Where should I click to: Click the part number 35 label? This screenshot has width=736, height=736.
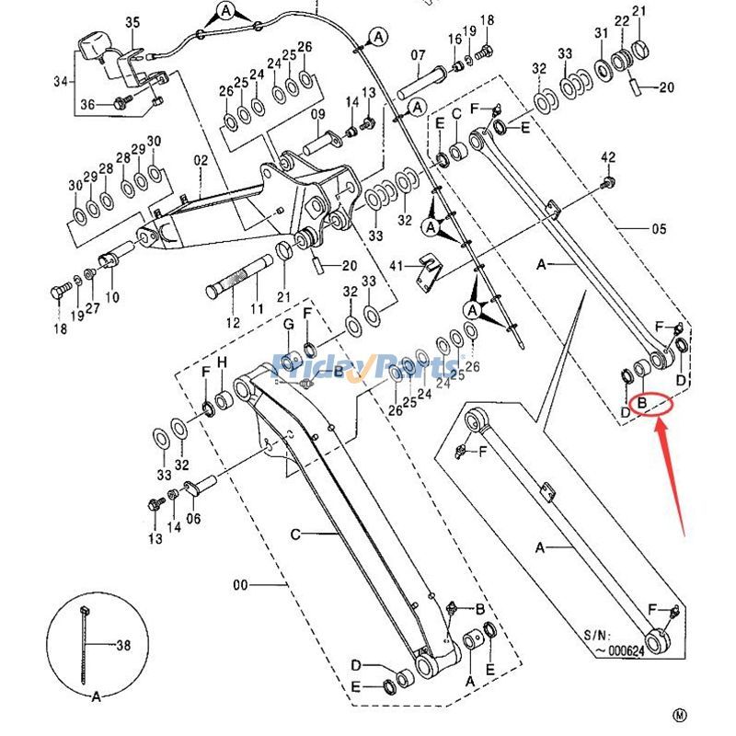[132, 22]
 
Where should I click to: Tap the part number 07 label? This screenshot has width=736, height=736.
[418, 54]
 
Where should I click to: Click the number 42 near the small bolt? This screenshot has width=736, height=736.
[607, 159]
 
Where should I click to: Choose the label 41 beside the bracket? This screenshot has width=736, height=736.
[396, 266]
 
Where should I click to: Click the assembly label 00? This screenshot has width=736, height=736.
[240, 584]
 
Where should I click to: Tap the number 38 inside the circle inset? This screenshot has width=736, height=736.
[123, 646]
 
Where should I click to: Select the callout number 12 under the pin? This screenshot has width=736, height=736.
[232, 323]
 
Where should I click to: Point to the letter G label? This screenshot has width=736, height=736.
[288, 325]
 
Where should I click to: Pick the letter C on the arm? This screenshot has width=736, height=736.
[295, 534]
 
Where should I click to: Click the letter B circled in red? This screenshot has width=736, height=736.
[644, 401]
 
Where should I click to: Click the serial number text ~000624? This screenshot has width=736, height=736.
[616, 650]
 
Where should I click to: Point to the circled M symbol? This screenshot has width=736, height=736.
[679, 714]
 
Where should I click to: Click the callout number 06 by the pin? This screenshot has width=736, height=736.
[194, 518]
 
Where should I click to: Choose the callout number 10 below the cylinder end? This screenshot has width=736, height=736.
[111, 296]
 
